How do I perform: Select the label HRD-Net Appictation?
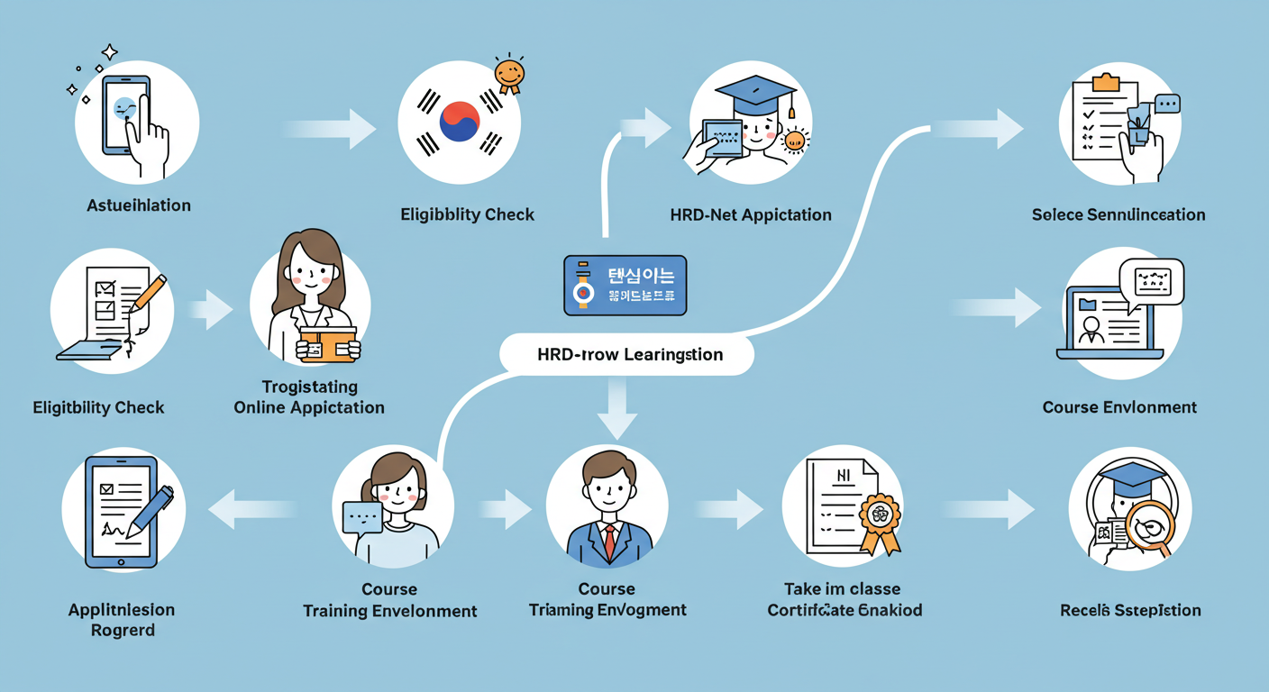coord(751,214)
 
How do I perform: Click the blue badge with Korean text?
coord(625,285)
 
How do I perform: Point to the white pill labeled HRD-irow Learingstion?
coord(629,354)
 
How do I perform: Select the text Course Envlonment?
coord(1119,407)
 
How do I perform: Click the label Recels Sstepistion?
coord(1130,610)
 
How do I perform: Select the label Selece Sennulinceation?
coord(1118,214)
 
